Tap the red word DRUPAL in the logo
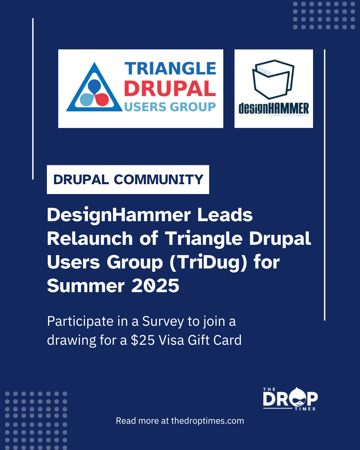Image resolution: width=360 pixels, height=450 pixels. (170, 89)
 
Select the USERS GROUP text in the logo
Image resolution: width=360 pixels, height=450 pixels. (170, 107)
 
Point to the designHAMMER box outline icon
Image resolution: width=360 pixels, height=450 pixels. (273, 79)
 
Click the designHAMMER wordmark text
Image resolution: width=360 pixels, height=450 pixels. (273, 109)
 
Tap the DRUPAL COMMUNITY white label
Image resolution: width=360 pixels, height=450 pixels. (128, 180)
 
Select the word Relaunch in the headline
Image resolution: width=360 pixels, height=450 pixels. (90, 239)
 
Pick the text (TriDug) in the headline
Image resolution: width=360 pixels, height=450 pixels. (208, 262)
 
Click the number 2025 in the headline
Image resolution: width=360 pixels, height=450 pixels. (155, 286)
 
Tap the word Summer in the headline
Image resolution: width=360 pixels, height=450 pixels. (86, 286)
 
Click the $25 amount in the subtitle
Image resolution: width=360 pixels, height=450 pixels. (143, 340)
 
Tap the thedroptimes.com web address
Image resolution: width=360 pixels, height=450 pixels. (207, 421)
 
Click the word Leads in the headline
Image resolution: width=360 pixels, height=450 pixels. (225, 215)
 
